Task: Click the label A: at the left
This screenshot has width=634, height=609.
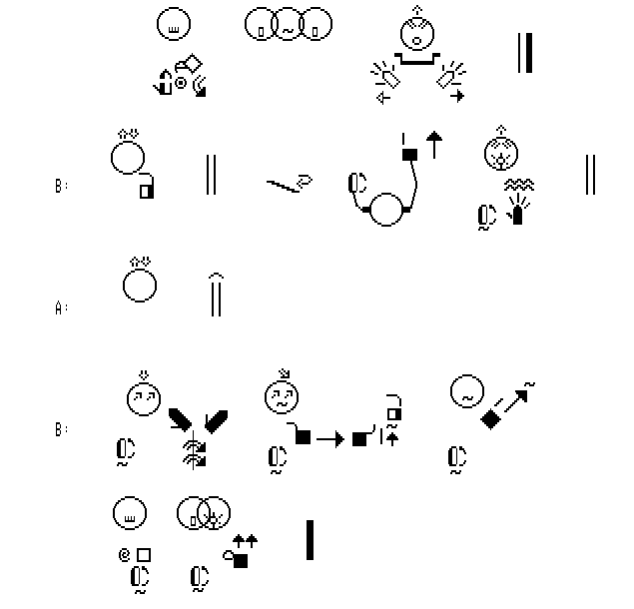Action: [x=61, y=308]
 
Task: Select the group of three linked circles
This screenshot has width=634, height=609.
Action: [x=288, y=28]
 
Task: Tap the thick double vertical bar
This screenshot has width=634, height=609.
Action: [x=524, y=53]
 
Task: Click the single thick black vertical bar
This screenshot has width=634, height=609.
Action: [x=310, y=539]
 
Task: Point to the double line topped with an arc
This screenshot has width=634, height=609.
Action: [x=215, y=294]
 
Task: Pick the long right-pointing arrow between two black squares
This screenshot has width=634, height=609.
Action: [x=329, y=437]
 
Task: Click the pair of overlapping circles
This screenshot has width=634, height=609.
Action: [x=203, y=514]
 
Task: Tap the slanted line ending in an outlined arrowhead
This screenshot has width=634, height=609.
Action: [x=289, y=183]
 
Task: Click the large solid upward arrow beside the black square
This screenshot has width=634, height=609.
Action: [x=433, y=145]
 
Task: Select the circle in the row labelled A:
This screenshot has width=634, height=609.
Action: [x=140, y=285]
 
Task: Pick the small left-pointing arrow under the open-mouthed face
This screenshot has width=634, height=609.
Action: [x=382, y=98]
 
